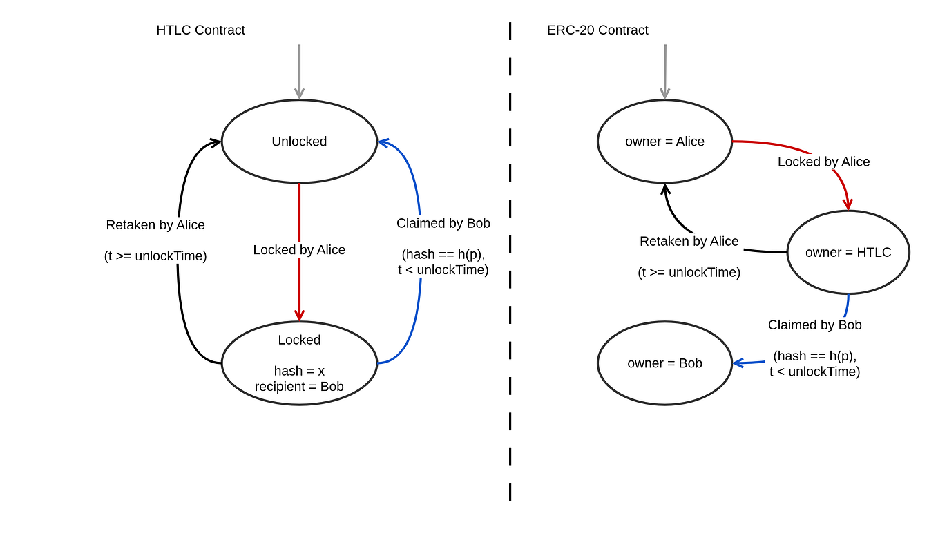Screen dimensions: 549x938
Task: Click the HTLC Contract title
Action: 200,30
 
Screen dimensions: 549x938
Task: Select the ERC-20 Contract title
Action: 597,30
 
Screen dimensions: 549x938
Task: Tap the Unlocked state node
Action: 299,142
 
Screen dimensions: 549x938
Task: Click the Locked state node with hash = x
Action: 299,363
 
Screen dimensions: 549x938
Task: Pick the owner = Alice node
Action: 664,142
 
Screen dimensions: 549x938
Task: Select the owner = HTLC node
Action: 848,252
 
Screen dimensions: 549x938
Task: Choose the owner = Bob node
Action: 664,363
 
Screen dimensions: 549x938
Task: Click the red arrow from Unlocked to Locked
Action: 299,214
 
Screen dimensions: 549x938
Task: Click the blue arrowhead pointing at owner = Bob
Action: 738,363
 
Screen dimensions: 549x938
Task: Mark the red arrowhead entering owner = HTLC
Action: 848,204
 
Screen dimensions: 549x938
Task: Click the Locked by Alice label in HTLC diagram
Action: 299,250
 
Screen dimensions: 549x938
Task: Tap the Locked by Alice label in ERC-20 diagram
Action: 823,162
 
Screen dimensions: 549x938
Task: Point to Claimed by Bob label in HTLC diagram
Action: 443,224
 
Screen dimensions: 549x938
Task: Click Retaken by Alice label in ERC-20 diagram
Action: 689,242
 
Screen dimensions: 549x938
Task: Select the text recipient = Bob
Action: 299,387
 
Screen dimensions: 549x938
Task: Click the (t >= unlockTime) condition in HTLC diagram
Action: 155,256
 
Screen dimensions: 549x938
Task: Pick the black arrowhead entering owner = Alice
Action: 665,189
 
